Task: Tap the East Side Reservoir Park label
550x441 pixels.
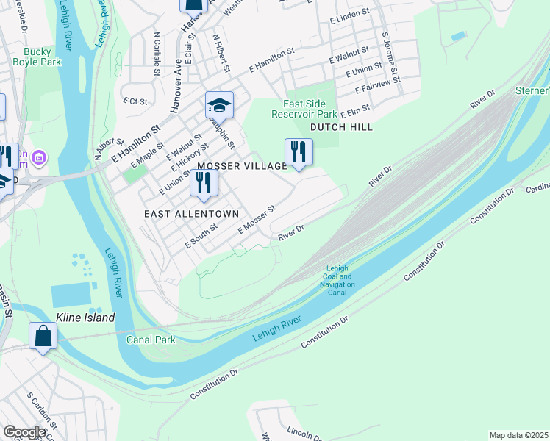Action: click(x=304, y=109)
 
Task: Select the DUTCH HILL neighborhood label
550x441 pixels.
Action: click(x=341, y=127)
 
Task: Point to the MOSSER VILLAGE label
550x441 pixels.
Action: click(x=240, y=166)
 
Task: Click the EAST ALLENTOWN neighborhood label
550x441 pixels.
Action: click(x=191, y=213)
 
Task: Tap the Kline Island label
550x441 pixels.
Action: click(x=85, y=318)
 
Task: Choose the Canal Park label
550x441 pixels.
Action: click(x=150, y=340)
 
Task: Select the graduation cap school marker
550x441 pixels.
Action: click(x=219, y=106)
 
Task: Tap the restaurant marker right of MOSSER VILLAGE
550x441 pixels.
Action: click(x=299, y=152)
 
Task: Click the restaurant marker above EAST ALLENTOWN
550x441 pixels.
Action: click(x=204, y=182)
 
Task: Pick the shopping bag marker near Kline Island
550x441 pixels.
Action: click(x=43, y=336)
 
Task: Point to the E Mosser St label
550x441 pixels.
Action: click(x=256, y=220)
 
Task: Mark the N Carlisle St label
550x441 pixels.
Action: click(x=157, y=54)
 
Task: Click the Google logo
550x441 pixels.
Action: click(x=24, y=432)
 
